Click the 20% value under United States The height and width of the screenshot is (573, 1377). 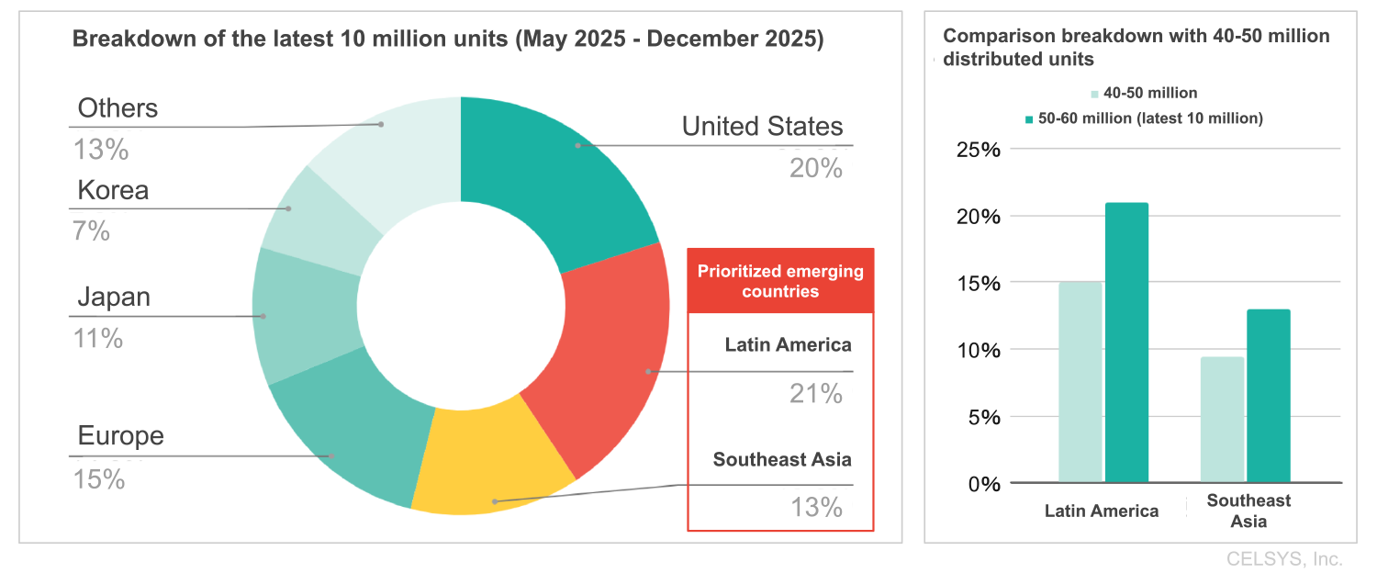click(815, 168)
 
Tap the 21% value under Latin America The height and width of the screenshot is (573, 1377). click(815, 394)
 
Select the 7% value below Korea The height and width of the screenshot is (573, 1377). click(91, 231)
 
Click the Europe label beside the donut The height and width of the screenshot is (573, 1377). click(120, 435)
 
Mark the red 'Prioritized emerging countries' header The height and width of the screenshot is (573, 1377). click(780, 281)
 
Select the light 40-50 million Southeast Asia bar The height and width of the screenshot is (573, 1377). click(1222, 420)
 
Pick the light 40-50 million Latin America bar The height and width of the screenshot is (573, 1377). click(1080, 382)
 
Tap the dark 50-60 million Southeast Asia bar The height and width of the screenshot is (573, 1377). click(1269, 396)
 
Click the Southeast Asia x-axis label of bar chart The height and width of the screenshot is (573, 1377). click(1248, 511)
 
